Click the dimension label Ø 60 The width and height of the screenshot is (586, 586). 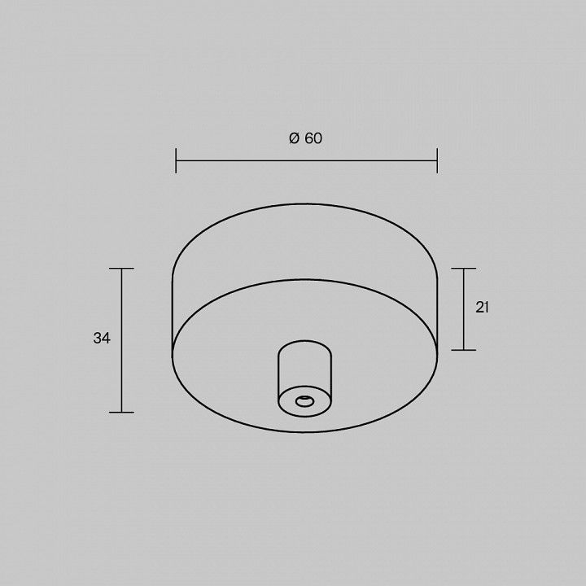pos(305,138)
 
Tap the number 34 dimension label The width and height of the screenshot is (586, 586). pos(102,339)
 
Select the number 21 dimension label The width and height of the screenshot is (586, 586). pos(482,307)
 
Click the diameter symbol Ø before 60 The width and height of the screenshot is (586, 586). pos(295,138)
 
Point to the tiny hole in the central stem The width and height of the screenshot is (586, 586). pos(304,402)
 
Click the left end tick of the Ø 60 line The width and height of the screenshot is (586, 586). pos(176,160)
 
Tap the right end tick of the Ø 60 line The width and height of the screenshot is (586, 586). pos(437,160)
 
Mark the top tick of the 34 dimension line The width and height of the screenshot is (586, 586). pos(121,269)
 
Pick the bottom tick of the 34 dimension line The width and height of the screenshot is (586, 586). pos(121,412)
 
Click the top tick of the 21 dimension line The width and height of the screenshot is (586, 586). pos(463,269)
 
